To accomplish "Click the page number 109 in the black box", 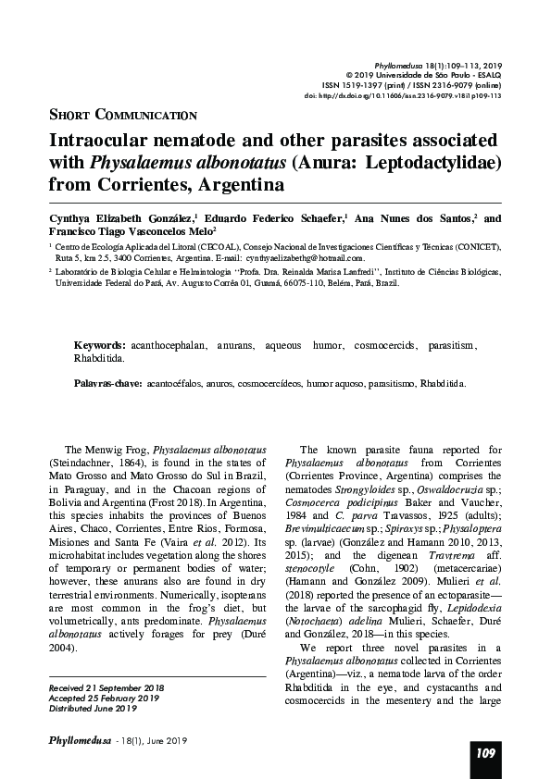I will click(x=486, y=753).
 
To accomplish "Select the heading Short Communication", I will click(x=121, y=115).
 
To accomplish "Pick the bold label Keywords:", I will click(x=100, y=344).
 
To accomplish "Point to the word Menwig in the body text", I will click(x=116, y=449).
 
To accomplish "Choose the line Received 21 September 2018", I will click(x=106, y=688).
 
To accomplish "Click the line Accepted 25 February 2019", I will click(x=102, y=699).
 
